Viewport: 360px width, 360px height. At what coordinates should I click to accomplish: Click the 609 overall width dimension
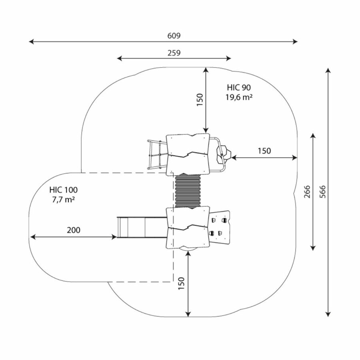(x=174, y=36)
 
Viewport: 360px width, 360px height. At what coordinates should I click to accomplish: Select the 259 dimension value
(x=174, y=53)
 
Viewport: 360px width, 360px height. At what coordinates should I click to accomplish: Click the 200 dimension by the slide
(x=74, y=230)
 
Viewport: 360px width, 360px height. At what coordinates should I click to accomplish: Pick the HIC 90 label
(x=239, y=87)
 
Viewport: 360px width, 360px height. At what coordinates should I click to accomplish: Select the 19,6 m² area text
(x=238, y=97)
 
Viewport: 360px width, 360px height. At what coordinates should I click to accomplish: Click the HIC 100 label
(x=64, y=190)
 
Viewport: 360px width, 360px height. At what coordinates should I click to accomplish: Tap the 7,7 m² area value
(x=64, y=200)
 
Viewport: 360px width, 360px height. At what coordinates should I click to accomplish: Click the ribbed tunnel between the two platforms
(x=188, y=191)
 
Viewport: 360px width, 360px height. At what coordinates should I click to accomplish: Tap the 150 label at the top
(x=200, y=100)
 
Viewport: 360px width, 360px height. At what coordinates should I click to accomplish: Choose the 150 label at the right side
(x=264, y=151)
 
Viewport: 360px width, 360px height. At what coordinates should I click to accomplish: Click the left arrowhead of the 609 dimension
(x=30, y=41)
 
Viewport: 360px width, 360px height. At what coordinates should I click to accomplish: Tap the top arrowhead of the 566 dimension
(x=328, y=70)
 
